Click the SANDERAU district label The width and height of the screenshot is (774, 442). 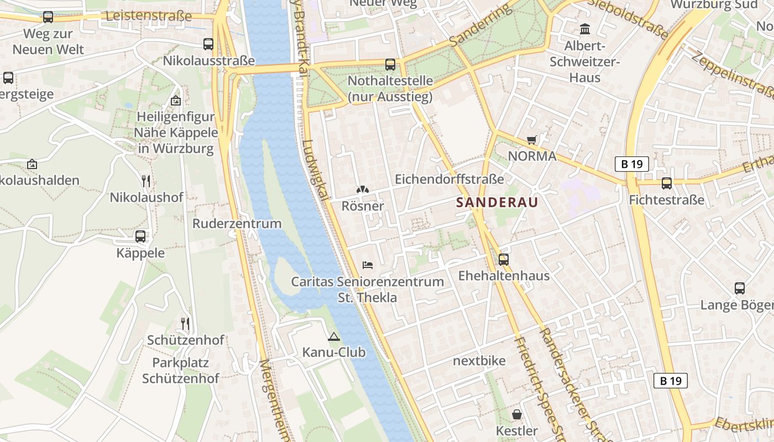(x=497, y=202)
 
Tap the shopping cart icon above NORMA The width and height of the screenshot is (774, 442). (x=532, y=140)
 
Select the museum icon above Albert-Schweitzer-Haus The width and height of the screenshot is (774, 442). (x=585, y=29)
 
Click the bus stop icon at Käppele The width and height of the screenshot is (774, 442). (x=140, y=236)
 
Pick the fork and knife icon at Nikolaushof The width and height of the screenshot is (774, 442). (x=146, y=181)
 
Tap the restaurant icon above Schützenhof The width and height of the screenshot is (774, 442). (x=185, y=323)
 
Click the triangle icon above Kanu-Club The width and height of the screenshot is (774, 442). (x=333, y=336)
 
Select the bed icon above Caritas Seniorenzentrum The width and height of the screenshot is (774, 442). (x=368, y=265)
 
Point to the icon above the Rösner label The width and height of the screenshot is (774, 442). (x=362, y=190)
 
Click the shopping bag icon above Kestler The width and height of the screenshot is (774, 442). (x=517, y=414)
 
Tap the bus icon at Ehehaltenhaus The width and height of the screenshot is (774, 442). (x=504, y=259)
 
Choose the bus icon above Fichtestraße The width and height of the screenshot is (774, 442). (x=667, y=183)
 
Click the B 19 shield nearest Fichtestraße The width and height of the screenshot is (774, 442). (x=631, y=164)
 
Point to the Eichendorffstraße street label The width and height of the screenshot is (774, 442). (x=449, y=179)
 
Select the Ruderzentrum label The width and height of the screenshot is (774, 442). (x=237, y=223)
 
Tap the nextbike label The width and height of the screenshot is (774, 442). (x=479, y=361)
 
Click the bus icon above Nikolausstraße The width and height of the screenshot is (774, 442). (x=208, y=44)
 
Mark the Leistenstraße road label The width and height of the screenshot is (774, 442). (x=148, y=15)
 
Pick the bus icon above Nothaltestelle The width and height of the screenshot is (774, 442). (x=390, y=65)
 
